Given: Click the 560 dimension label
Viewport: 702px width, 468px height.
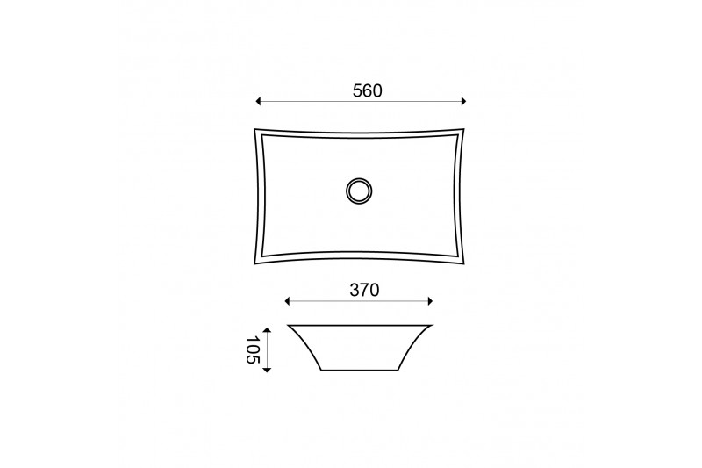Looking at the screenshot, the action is click(367, 91).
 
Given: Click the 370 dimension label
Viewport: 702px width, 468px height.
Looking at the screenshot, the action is click(364, 291).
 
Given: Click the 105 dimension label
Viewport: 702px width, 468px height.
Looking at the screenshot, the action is click(253, 350).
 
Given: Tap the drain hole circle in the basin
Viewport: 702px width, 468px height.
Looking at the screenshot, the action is click(359, 191).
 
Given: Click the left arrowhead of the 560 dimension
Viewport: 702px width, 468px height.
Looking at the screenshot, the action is click(258, 102).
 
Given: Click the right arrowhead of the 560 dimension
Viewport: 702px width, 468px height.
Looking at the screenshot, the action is click(463, 102).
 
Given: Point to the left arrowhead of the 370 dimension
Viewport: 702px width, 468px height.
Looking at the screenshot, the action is click(288, 301).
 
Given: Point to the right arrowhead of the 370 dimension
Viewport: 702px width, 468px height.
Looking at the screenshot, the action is click(430, 301).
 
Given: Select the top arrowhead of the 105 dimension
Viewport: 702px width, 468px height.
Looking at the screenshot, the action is click(267, 330).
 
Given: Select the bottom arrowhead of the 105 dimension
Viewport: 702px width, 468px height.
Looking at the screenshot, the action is click(267, 370).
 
